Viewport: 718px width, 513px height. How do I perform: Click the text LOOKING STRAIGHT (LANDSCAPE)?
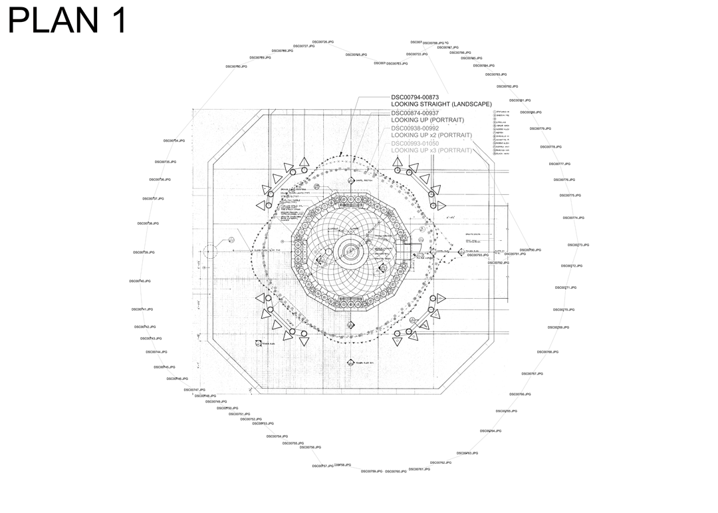pos(441,104)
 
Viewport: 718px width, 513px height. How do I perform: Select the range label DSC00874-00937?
pos(415,113)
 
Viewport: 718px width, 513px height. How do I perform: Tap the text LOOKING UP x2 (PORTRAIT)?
pos(431,135)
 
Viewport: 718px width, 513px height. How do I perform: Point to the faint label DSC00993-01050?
pos(415,144)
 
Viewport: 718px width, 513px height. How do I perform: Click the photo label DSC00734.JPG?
pos(174,141)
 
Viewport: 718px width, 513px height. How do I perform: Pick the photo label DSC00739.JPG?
pos(144,253)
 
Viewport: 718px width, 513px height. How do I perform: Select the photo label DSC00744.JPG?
pos(157,352)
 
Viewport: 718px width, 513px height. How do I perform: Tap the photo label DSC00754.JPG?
pos(277,436)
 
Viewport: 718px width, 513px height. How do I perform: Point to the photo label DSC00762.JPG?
pos(441,462)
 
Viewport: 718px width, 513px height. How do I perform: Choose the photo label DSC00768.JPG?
pos(548,352)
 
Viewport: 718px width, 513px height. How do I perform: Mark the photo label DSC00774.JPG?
pos(574,218)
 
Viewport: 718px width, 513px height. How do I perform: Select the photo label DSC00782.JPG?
pos(507,86)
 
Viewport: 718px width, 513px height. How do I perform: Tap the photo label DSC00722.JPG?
pos(417,55)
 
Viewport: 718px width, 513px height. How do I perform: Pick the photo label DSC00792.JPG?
pos(499,263)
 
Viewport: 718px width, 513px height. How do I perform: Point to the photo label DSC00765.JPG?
pos(507,411)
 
